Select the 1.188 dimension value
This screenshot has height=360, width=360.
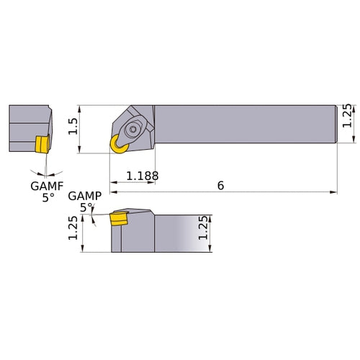tap(142, 176)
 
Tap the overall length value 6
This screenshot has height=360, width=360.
tap(220, 185)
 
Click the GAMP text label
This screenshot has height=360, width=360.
tap(84, 196)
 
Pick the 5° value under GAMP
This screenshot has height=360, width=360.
tap(86, 207)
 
